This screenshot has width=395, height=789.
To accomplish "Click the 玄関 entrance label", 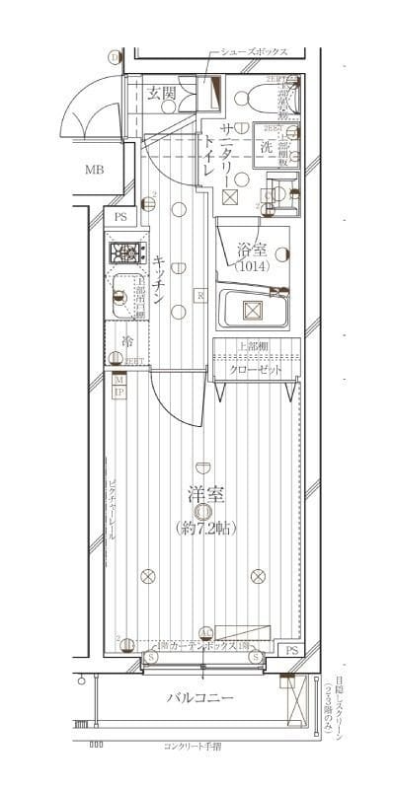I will tap(161, 94).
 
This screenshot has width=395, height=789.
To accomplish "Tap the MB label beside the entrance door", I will tap(94, 170).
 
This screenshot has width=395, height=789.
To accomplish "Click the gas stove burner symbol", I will tap(126, 254).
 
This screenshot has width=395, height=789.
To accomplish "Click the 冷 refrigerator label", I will tap(127, 341).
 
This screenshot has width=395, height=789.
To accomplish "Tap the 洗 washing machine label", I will tap(266, 146).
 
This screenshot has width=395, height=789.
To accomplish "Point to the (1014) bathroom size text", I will tap(251, 265).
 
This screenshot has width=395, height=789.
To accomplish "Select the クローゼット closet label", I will tap(256, 370).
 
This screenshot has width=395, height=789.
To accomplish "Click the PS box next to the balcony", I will tap(291, 651).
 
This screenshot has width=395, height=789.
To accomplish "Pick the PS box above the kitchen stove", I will tap(120, 217).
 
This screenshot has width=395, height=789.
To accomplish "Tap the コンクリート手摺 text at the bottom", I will tap(198, 746).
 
